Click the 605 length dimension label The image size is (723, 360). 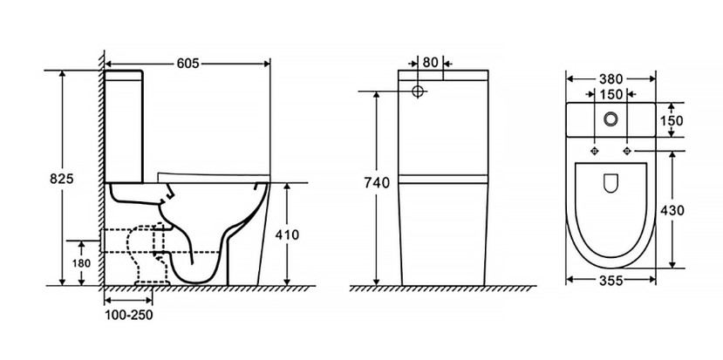tap(188, 63)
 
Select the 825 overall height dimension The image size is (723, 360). tap(62, 179)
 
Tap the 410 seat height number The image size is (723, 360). tap(287, 234)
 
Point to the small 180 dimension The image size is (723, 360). tap(81, 263)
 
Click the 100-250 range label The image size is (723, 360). tap(129, 315)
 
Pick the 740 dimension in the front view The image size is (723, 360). tap(377, 183)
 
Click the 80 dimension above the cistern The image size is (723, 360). tap(430, 62)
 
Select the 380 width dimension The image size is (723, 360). tap(611, 79)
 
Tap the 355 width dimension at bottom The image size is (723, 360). tap(611, 280)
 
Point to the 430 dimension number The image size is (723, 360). tap(672, 210)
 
